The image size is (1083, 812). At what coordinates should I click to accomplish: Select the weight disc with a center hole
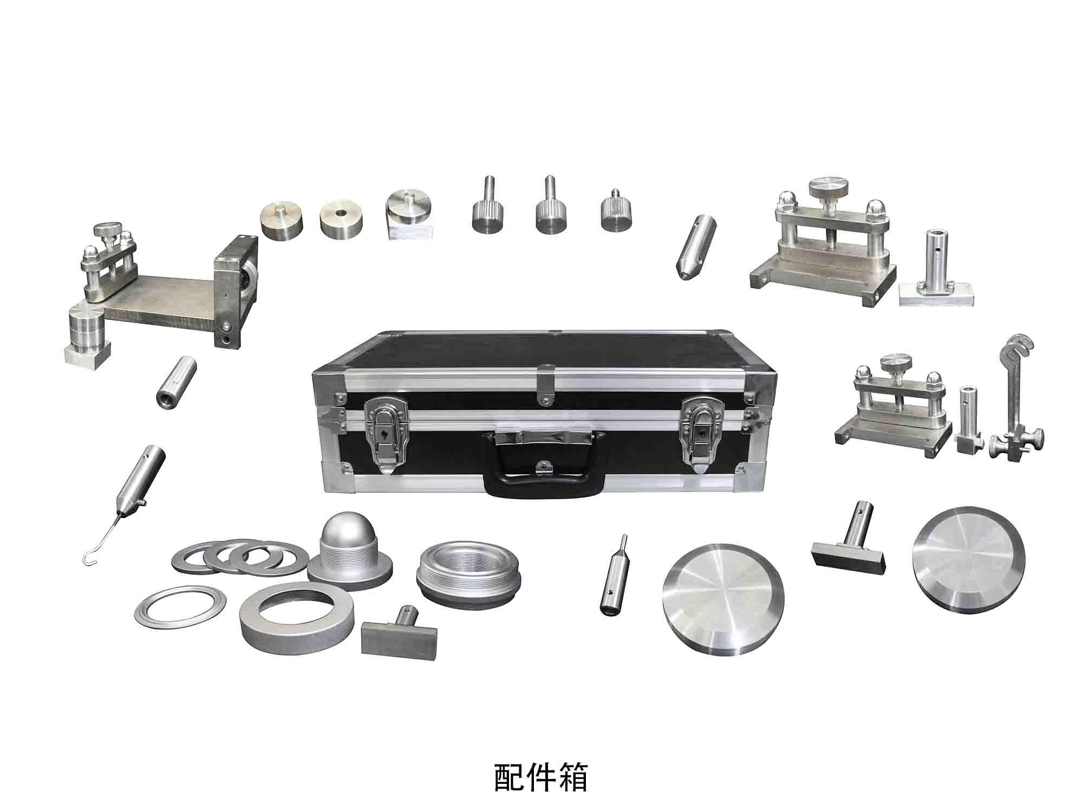point(342,219)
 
